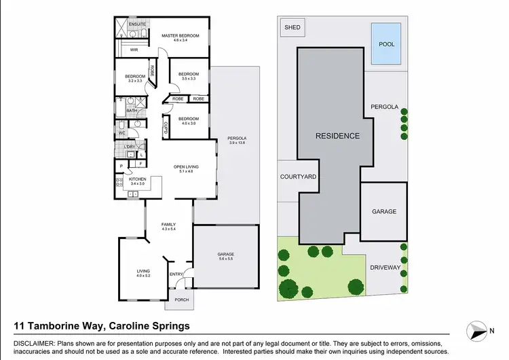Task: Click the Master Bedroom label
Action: pos(179,36)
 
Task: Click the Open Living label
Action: pos(185,169)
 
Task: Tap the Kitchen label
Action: pos(138,181)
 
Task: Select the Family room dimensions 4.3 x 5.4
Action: pos(168,229)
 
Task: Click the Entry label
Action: pos(176,274)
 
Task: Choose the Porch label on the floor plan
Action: pos(181,300)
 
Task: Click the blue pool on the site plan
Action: pos(386,43)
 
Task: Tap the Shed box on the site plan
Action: pos(293,28)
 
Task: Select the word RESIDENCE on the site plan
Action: pos(337,136)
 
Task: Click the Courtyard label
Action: pos(298,177)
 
